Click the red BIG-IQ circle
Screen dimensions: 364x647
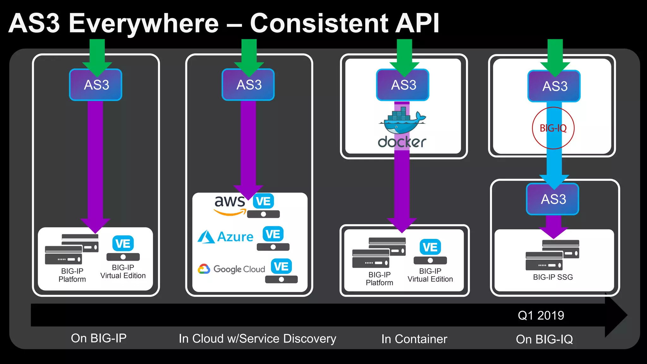pyautogui.click(x=553, y=128)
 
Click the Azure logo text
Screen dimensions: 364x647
pyautogui.click(x=235, y=237)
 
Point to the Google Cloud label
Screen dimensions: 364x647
pyautogui.click(x=239, y=269)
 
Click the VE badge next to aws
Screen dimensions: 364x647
pyautogui.click(x=263, y=201)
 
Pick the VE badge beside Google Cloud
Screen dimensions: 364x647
pyautogui.click(x=281, y=267)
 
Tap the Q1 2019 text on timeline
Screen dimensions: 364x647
pyautogui.click(x=541, y=315)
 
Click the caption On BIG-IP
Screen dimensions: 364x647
pyautogui.click(x=99, y=338)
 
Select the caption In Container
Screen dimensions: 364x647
pyautogui.click(x=414, y=339)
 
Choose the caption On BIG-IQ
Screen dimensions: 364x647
pyautogui.click(x=544, y=339)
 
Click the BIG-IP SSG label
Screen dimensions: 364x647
pyautogui.click(x=553, y=277)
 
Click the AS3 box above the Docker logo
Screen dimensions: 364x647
pyautogui.click(x=403, y=85)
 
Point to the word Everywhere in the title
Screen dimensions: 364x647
pyautogui.click(x=144, y=24)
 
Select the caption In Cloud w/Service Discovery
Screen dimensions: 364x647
pyautogui.click(x=257, y=339)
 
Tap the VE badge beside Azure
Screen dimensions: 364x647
pyautogui.click(x=273, y=234)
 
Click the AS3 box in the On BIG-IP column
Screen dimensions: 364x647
pyautogui.click(x=96, y=85)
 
